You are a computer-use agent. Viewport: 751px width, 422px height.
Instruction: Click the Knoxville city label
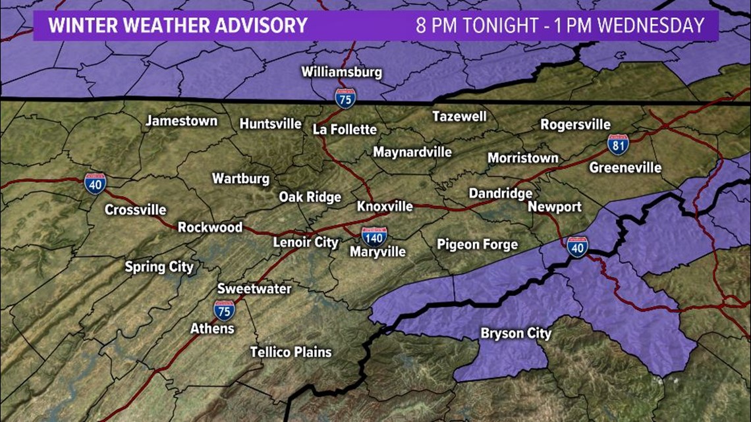[385, 207]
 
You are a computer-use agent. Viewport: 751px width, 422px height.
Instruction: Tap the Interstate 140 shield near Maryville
[374, 235]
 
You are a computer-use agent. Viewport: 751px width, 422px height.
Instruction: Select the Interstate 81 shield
[617, 144]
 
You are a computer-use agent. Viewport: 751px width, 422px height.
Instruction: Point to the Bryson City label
[516, 334]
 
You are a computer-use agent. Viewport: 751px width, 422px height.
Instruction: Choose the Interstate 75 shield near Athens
[224, 309]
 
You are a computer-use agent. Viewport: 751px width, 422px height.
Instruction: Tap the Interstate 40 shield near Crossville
[95, 183]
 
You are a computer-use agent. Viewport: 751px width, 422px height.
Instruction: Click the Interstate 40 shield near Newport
[577, 247]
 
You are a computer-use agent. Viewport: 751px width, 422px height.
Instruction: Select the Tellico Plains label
[291, 352]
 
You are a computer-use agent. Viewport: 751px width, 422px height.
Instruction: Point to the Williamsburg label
[342, 72]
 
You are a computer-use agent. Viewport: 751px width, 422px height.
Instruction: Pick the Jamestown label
[181, 121]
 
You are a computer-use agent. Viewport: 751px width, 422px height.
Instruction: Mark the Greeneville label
[625, 168]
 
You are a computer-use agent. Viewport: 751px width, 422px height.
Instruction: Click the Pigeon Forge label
[478, 244]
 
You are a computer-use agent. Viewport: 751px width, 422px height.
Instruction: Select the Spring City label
[159, 267]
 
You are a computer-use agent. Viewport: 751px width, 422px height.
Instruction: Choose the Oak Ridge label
[310, 197]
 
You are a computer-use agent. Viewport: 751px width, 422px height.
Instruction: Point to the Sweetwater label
[254, 289]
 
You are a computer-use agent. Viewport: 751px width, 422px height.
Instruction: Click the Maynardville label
[412, 152]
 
